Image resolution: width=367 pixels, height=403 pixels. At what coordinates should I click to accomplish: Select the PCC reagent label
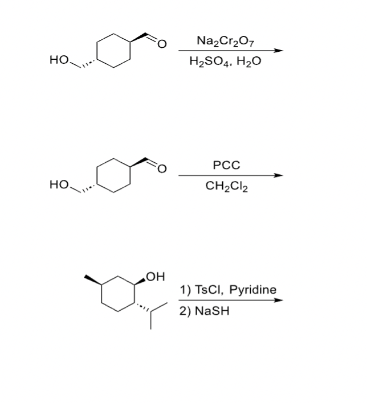[x=226, y=166]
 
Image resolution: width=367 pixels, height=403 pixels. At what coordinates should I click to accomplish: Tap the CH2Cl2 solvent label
[x=226, y=186]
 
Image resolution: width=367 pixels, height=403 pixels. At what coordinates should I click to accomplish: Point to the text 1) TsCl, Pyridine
[x=228, y=290]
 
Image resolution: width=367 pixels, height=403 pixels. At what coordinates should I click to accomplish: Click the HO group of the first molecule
[x=59, y=59]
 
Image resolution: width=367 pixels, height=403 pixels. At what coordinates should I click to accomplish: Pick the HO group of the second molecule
[x=59, y=184]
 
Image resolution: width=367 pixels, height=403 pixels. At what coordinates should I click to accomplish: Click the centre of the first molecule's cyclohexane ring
[x=115, y=51]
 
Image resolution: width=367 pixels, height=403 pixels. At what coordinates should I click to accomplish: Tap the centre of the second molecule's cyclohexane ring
[x=115, y=176]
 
